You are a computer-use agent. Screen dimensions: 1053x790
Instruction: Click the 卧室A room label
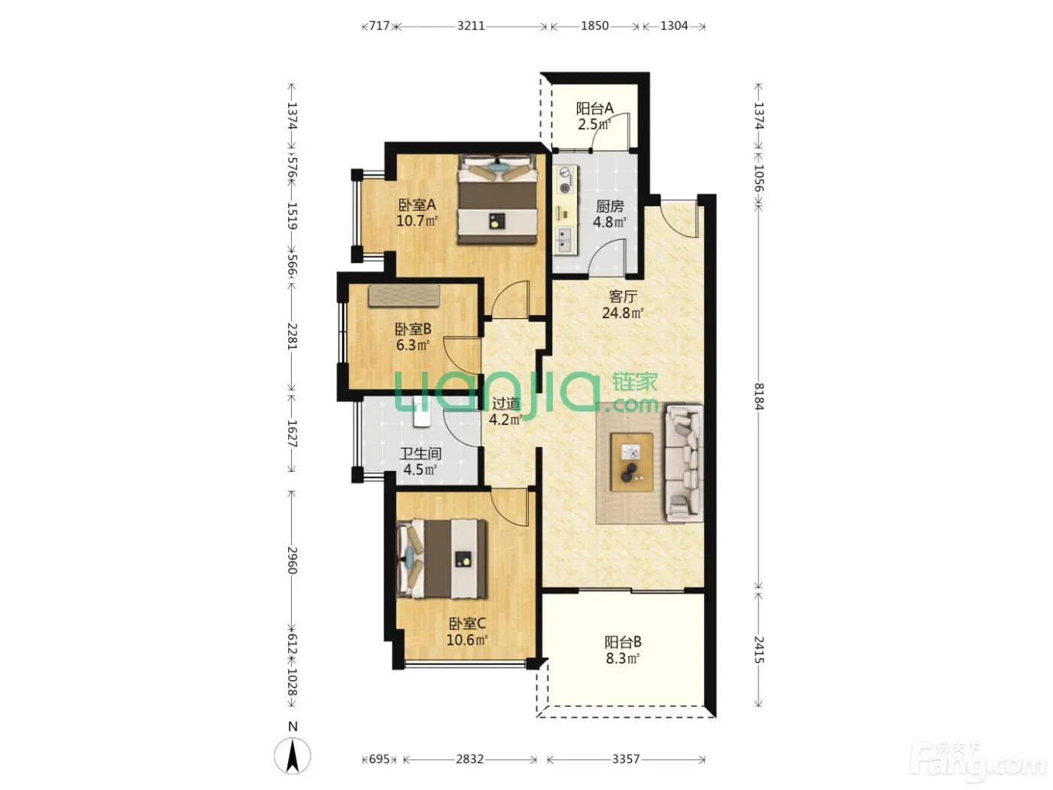tap(417, 205)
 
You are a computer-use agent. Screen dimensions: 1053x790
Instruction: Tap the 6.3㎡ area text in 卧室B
tap(413, 345)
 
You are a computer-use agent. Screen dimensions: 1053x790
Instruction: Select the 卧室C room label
tap(467, 624)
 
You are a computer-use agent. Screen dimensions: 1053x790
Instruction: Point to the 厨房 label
tap(610, 206)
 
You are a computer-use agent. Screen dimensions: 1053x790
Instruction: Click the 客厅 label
tap(623, 296)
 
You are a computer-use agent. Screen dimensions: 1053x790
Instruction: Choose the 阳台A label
tap(594, 108)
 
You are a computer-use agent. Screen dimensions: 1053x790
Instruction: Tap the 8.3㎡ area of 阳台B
tap(622, 658)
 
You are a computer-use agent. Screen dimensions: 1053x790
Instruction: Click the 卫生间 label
tap(420, 453)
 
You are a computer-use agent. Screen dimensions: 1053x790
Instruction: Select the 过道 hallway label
tap(505, 403)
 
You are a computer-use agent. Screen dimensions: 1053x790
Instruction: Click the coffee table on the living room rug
tap(631, 462)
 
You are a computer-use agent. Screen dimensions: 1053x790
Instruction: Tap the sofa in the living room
tap(684, 463)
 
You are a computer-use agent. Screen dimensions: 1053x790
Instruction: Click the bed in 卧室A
tap(497, 199)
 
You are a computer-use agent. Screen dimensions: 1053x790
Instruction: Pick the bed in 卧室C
tap(442, 559)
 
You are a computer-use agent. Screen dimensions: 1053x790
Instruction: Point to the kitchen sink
tap(565, 240)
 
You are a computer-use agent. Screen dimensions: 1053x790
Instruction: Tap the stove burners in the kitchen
tap(566, 181)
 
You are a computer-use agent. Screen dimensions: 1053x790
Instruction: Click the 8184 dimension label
tap(758, 397)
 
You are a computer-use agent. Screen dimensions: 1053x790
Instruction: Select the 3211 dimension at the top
tap(471, 26)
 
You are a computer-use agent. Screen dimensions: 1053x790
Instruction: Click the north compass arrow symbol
tap(293, 756)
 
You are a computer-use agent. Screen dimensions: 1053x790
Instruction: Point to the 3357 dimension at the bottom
tap(626, 759)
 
